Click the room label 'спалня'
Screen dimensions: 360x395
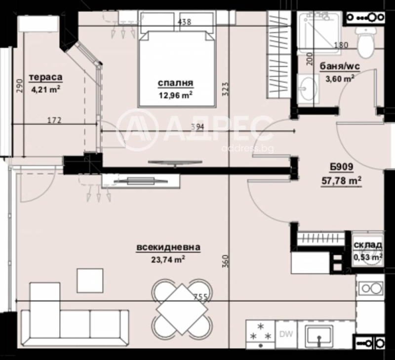[x=175, y=83]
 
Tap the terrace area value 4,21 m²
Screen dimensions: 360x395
[x=45, y=89]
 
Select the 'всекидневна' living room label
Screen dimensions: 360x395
[x=169, y=248]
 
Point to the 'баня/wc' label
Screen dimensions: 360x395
[x=339, y=67]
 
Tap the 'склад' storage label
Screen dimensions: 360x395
[x=368, y=246]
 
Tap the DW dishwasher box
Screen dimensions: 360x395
[x=285, y=334]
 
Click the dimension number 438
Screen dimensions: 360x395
[x=184, y=22]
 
